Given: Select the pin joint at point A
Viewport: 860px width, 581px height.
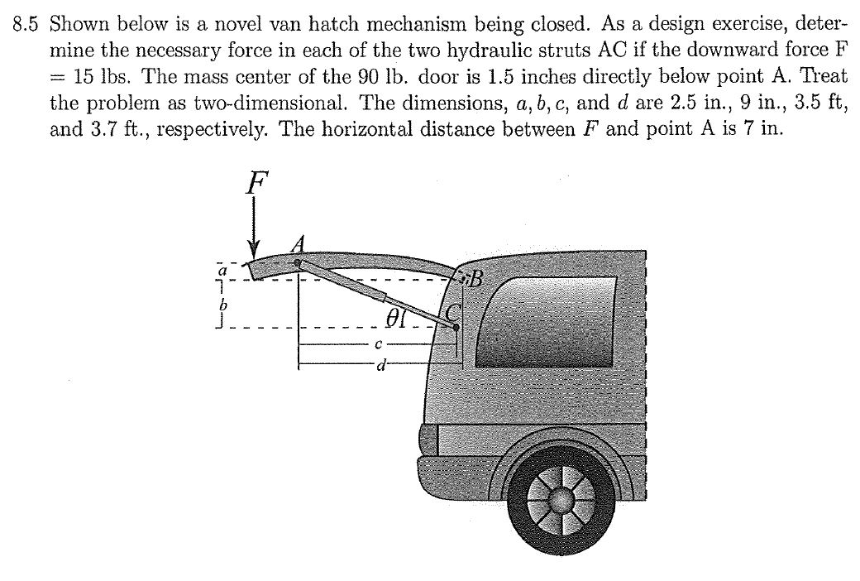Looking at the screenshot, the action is [298, 263].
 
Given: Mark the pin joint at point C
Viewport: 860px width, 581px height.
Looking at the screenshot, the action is [456, 327].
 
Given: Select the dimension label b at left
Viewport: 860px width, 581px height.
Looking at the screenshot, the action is [220, 305].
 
